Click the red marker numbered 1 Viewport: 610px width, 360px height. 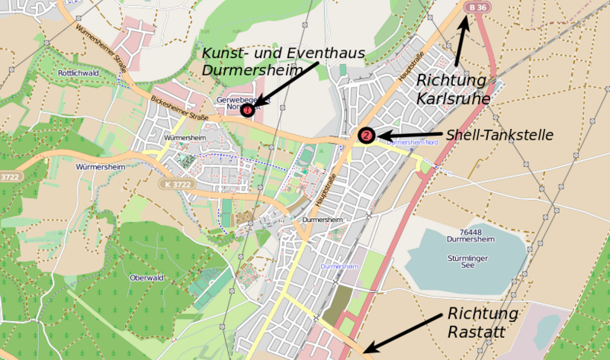click(248, 111)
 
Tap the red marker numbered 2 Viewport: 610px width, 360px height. click(367, 136)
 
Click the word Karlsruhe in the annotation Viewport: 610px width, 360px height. click(453, 98)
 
